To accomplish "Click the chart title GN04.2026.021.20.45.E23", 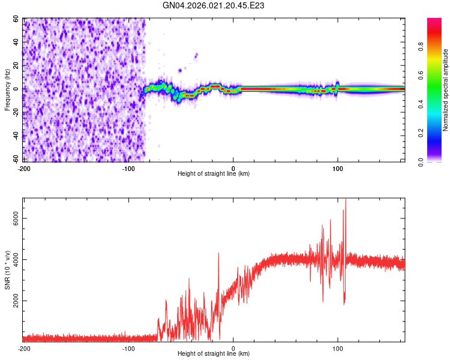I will click(214, 5).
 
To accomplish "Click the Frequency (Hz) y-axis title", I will click(7, 90).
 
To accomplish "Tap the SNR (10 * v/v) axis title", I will click(7, 269).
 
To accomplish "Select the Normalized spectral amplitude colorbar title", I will click(446, 90).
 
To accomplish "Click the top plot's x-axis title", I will click(214, 173).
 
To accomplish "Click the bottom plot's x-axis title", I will click(214, 353).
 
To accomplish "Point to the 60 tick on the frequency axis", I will click(17, 19).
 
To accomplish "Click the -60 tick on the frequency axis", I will click(16, 159).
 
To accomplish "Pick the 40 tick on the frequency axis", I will click(17, 43).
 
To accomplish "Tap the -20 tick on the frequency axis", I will click(16, 112).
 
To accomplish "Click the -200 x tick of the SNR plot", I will click(24, 349).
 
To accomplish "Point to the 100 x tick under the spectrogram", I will click(338, 169).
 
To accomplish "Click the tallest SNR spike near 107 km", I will click(345, 200).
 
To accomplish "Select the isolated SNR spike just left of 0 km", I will click(218, 254).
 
